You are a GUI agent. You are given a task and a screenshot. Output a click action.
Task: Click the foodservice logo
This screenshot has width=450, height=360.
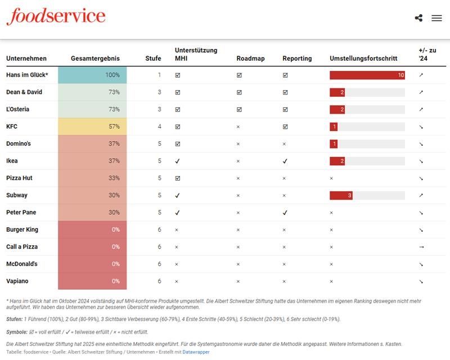56,16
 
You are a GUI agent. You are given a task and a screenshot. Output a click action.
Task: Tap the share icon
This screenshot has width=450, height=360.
418,18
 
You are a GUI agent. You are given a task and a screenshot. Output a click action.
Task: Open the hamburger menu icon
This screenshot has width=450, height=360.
436,18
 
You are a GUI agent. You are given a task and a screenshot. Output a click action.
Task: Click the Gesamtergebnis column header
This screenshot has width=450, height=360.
95,58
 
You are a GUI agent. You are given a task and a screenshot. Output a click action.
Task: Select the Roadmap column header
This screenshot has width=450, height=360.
250,58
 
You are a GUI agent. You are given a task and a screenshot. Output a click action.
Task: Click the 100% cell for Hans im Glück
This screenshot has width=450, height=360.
92,75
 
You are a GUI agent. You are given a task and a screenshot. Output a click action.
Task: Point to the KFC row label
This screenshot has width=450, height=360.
12,127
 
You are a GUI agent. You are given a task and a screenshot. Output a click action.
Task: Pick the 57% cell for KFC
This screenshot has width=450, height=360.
92,127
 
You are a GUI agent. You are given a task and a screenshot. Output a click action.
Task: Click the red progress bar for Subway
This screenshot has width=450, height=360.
341,196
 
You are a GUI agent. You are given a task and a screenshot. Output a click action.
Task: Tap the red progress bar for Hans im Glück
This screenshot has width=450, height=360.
367,75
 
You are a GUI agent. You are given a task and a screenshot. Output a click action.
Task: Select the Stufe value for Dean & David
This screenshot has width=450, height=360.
159,92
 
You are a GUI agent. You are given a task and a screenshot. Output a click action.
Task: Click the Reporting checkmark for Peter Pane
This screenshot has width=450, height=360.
285,213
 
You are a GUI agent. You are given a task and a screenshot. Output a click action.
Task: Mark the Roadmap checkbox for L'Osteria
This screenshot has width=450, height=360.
239,109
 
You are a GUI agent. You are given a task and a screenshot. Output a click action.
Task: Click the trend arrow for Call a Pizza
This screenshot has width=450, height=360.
421,247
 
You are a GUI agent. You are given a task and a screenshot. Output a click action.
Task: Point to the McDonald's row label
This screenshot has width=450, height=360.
22,264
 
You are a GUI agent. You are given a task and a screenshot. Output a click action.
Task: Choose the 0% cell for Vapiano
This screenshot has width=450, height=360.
92,281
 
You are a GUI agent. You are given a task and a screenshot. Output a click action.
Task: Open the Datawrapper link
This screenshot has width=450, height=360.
196,352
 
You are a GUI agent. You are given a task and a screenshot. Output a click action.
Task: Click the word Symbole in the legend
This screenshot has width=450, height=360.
17,332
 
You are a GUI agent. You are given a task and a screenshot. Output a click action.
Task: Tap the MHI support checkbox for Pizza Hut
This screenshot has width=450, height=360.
178,178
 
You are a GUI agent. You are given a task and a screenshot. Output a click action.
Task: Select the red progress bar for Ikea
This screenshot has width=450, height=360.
337,161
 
